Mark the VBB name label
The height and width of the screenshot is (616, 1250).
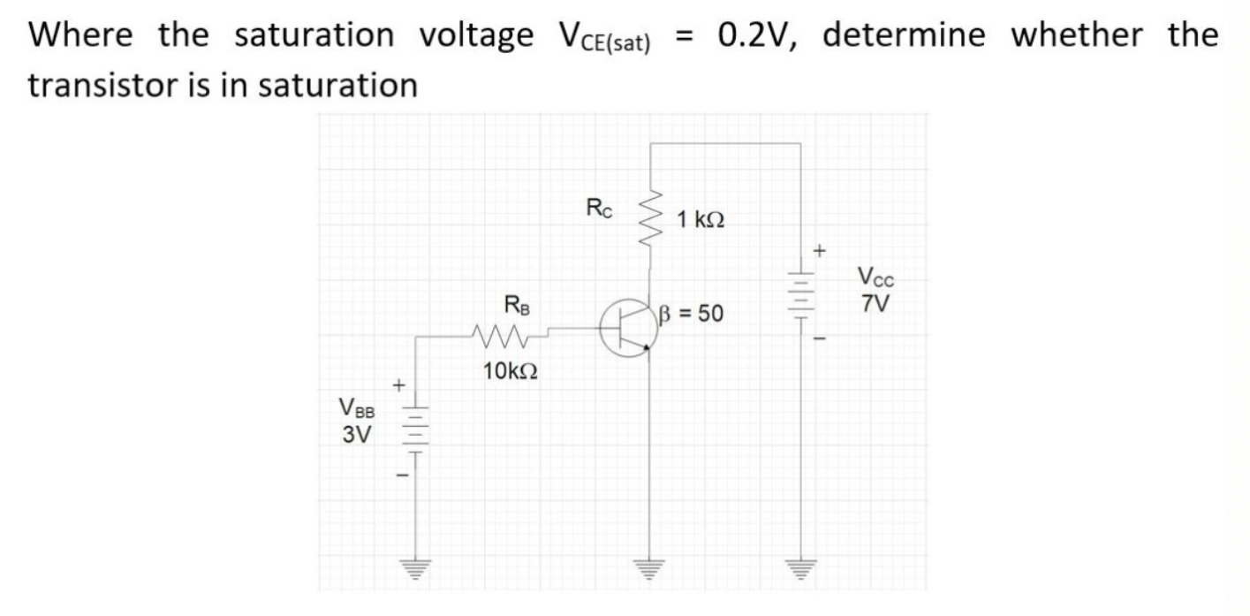357,409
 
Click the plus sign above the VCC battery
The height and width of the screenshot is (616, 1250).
819,251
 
